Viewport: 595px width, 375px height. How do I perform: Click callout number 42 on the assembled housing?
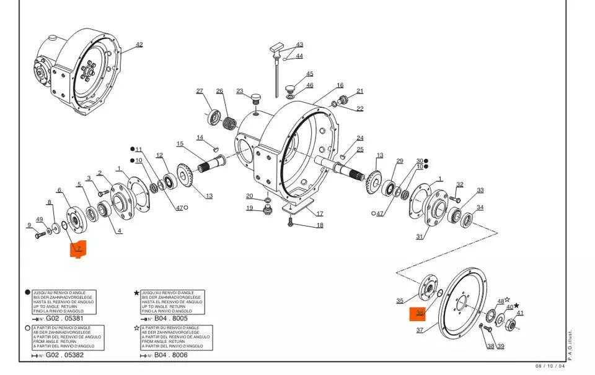[139, 45]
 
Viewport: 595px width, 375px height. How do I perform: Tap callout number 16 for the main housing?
[340, 85]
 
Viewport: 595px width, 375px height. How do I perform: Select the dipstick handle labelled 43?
[276, 48]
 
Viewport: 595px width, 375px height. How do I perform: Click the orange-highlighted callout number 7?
[79, 248]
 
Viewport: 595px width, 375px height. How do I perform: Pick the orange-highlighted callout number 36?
[420, 314]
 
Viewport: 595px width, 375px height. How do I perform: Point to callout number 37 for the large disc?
[420, 330]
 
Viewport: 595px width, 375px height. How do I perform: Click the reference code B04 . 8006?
[171, 355]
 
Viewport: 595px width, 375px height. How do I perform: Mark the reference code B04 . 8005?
[171, 319]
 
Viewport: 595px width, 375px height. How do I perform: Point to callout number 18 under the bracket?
[320, 225]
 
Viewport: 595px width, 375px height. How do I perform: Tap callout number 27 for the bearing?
[200, 92]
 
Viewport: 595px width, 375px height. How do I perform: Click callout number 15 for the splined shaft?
[180, 144]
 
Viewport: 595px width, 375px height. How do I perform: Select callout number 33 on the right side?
[480, 191]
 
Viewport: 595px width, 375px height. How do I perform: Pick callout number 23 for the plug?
[239, 92]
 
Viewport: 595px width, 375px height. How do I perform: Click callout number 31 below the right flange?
[420, 236]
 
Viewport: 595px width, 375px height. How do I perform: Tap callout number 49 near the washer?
[40, 220]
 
